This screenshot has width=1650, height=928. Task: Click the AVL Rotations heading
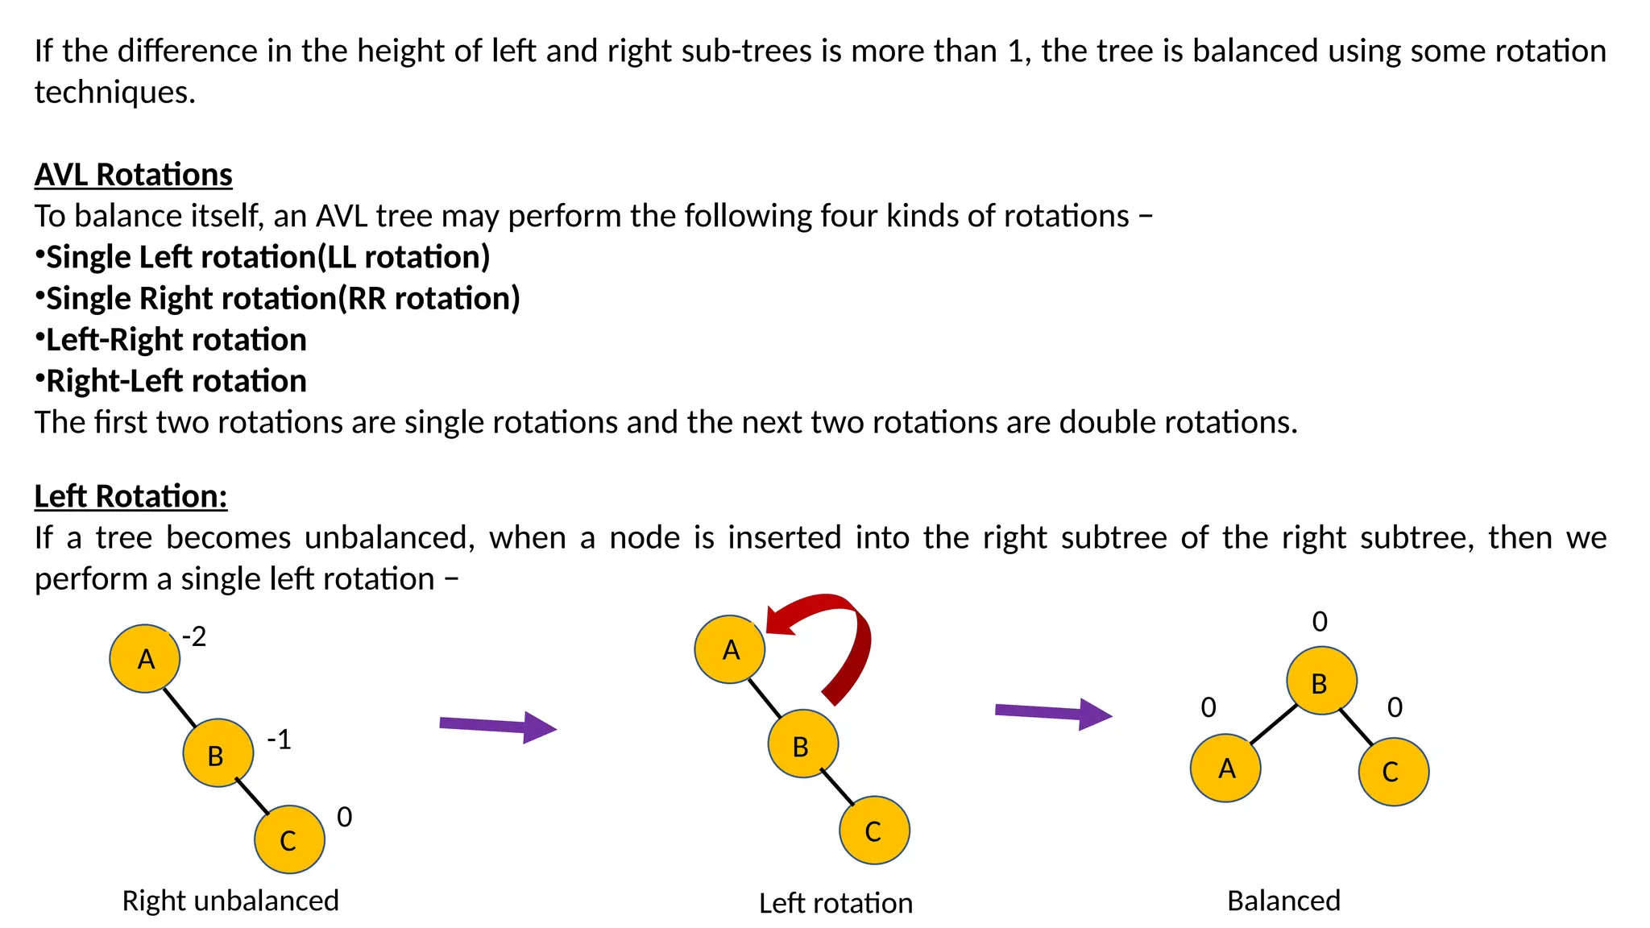[x=133, y=175]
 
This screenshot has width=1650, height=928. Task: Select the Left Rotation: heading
[x=131, y=496]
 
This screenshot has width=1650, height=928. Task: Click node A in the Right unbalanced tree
[x=145, y=659]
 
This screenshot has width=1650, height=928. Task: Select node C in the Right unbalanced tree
[x=289, y=839]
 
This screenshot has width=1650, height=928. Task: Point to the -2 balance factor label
[x=194, y=637]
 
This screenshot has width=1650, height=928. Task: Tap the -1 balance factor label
[x=279, y=739]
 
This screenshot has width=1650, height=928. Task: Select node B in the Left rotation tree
[x=802, y=744]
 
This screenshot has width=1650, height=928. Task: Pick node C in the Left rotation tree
[x=874, y=831]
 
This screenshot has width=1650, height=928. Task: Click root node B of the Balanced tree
[x=1321, y=681]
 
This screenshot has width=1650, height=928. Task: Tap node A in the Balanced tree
[x=1225, y=768]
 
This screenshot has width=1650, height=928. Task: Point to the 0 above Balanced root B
[x=1320, y=622]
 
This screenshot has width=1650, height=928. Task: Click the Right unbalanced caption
[x=230, y=901]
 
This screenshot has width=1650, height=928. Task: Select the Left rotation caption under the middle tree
[x=835, y=903]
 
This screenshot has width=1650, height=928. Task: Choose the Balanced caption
[x=1283, y=901]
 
